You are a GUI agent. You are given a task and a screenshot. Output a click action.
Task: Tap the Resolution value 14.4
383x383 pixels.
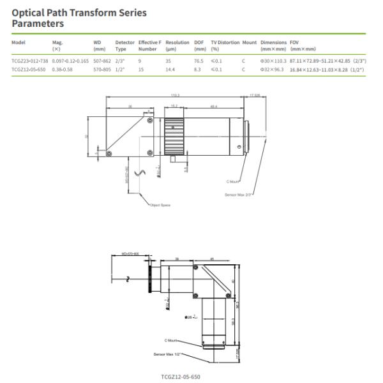[x=170, y=68]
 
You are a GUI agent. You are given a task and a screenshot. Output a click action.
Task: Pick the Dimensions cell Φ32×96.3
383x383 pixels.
[x=272, y=68]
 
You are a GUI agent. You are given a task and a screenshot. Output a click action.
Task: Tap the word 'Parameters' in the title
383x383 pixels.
[x=38, y=24]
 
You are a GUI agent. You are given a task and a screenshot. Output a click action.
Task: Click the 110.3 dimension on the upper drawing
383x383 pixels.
[x=174, y=95]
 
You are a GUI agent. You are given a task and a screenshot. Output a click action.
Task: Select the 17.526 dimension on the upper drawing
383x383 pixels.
[x=255, y=95]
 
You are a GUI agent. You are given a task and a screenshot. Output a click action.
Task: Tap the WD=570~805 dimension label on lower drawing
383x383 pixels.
[x=131, y=253]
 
